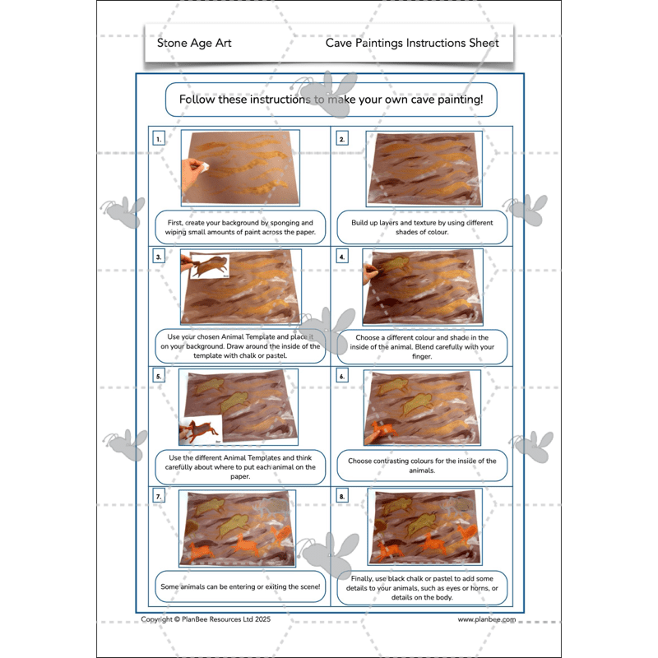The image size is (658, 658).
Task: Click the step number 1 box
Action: tap(159, 139)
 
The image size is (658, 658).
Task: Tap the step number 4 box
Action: tap(342, 257)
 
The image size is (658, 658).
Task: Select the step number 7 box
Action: tap(159, 497)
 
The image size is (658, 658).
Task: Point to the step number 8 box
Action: tap(342, 497)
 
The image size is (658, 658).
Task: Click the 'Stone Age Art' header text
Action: tap(194, 43)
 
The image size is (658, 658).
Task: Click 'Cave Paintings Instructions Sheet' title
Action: tap(411, 43)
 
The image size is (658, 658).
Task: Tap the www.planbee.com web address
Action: tap(487, 619)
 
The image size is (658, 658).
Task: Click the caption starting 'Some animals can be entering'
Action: tap(239, 586)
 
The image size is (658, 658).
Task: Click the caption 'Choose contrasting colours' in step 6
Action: tap(422, 466)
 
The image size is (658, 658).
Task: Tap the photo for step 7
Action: tap(239, 528)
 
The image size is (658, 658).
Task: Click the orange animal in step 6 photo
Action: tap(381, 430)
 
